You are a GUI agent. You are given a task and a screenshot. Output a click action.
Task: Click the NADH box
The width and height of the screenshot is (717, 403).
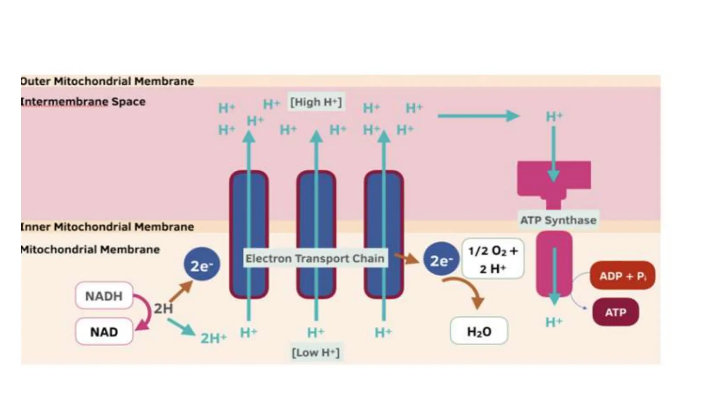pyautogui.click(x=104, y=296)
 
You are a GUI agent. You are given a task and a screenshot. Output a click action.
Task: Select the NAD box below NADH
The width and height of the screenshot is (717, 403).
pyautogui.click(x=104, y=332)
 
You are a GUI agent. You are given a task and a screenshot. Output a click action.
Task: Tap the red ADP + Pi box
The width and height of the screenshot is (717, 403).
pyautogui.click(x=622, y=276)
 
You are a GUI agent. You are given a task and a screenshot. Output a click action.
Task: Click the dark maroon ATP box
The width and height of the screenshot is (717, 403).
pyautogui.click(x=615, y=312)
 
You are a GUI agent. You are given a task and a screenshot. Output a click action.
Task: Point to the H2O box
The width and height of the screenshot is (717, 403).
pyautogui.click(x=479, y=331)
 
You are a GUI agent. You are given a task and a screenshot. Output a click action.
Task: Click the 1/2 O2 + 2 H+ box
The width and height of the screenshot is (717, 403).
pyautogui.click(x=493, y=259)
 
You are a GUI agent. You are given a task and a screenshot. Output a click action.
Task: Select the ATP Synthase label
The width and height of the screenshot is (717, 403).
pyautogui.click(x=558, y=220)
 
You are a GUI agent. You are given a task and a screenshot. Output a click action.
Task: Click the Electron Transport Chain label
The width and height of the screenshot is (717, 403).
pyautogui.click(x=315, y=259)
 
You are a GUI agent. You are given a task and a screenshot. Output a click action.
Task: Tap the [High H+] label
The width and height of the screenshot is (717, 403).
pyautogui.click(x=316, y=102)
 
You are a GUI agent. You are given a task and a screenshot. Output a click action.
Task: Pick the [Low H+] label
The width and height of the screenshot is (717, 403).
pyautogui.click(x=315, y=352)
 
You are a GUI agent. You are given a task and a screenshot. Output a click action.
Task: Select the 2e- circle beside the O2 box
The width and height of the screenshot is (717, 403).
pyautogui.click(x=441, y=260)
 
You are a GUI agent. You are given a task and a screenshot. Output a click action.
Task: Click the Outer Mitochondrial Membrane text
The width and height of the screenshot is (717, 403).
pyautogui.click(x=107, y=81)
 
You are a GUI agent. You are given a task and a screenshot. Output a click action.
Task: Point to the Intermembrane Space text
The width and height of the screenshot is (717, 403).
pyautogui.click(x=83, y=102)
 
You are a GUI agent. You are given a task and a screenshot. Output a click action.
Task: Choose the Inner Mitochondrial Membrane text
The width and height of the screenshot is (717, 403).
pyautogui.click(x=107, y=227)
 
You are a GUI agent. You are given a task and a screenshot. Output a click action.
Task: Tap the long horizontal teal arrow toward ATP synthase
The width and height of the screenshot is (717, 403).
pyautogui.click(x=478, y=116)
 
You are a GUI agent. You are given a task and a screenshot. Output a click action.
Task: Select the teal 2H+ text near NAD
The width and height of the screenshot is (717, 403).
pyautogui.click(x=214, y=338)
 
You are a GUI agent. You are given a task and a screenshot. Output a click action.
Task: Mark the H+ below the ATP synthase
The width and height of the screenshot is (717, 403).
pyautogui.click(x=554, y=322)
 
